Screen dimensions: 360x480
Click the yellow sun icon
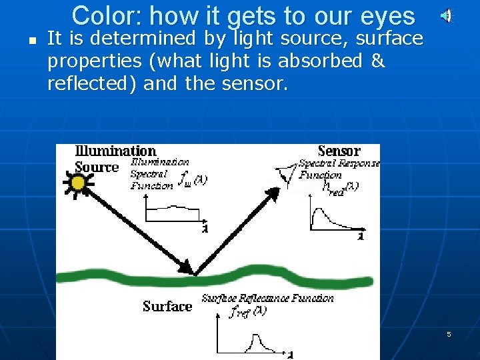(78, 183)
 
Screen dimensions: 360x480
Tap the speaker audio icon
(448, 15)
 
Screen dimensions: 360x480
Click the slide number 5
(449, 334)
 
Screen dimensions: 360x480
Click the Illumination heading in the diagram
(115, 151)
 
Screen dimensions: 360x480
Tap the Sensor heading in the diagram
(339, 151)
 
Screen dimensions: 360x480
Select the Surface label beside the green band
(167, 307)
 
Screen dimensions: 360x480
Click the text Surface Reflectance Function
(267, 298)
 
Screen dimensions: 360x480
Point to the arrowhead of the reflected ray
(271, 193)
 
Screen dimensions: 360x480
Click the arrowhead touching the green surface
(187, 269)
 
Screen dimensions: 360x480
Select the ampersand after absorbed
(377, 61)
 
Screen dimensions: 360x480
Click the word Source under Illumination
(96, 167)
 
